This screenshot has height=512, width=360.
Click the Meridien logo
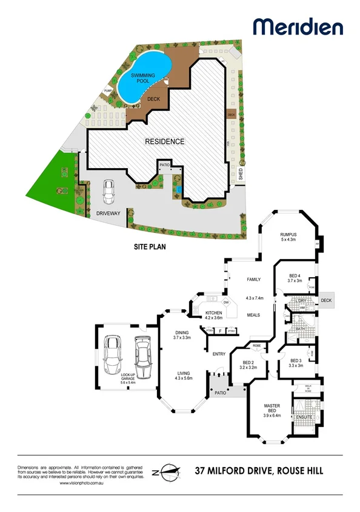(298, 27)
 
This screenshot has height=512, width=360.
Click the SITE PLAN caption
(150, 248)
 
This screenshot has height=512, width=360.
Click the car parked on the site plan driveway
(109, 192)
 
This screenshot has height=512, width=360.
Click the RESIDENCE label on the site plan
(164, 141)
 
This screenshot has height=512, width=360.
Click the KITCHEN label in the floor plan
(214, 313)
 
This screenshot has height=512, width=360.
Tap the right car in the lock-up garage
(142, 357)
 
